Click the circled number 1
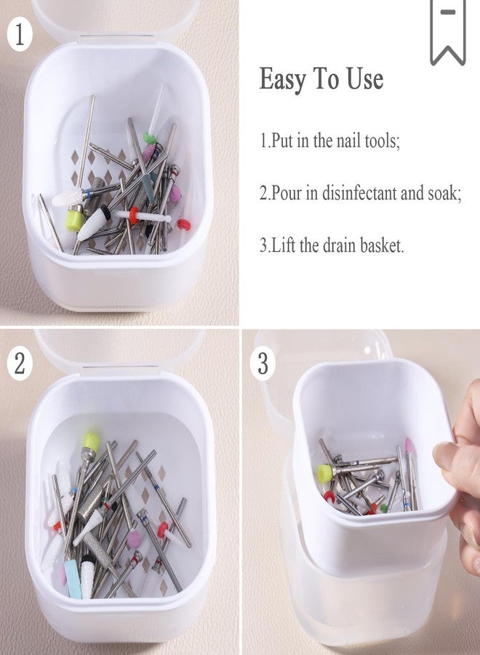tap(19, 35)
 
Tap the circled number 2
tap(19, 363)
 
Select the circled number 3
tap(263, 363)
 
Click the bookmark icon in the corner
tap(448, 31)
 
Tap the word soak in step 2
tap(444, 194)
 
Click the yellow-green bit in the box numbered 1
tap(75, 220)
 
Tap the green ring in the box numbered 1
tap(149, 138)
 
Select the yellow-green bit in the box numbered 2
tap(91, 442)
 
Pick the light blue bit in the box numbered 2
tap(73, 579)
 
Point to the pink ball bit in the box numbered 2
tap(134, 538)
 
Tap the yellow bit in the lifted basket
tap(324, 474)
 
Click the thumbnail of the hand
tap(444, 456)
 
